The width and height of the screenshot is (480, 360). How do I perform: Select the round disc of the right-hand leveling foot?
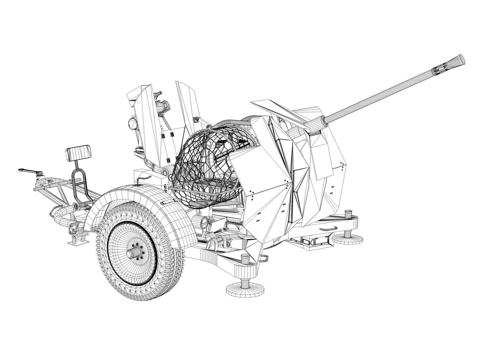coord(348,238)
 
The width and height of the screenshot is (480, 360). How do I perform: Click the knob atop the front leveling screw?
coord(245,257)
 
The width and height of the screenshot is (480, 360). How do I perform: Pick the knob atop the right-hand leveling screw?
coord(348,212)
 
